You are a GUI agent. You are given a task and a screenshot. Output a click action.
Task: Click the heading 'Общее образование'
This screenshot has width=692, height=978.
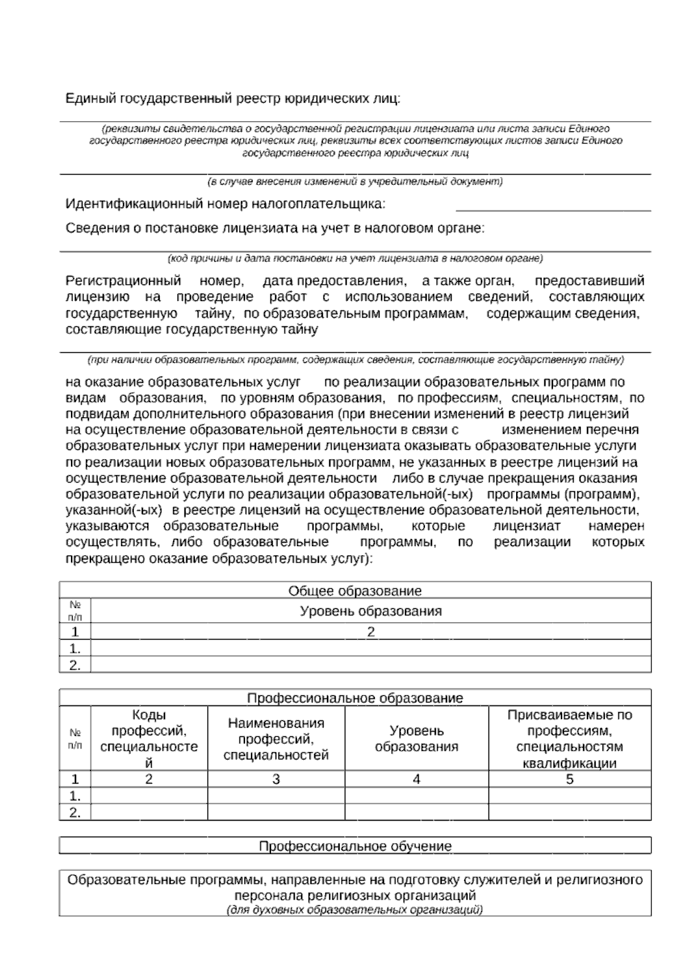click(355, 590)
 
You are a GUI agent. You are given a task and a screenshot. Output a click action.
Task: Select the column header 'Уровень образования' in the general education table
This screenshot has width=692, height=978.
click(370, 611)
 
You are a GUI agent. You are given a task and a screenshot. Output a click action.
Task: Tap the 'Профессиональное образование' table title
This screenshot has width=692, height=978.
click(355, 698)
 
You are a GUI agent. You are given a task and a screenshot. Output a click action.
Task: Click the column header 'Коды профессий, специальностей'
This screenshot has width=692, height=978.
click(149, 739)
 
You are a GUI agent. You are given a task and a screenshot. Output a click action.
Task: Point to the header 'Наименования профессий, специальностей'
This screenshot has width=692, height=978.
click(276, 739)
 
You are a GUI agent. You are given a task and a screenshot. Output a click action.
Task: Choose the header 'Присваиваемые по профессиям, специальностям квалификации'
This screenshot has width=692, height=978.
click(569, 739)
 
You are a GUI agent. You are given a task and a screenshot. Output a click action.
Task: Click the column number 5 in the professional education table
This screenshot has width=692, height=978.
click(569, 779)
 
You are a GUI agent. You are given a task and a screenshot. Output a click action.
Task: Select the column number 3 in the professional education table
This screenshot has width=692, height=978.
click(276, 779)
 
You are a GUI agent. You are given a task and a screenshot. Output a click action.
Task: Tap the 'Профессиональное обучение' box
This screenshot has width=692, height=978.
click(355, 846)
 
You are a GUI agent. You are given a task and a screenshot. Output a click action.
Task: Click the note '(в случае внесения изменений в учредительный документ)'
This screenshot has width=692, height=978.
click(355, 182)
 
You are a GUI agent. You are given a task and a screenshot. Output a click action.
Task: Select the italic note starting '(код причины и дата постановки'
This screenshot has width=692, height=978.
click(355, 258)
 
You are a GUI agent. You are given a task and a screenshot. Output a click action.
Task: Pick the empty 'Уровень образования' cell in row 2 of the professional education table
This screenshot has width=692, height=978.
click(416, 813)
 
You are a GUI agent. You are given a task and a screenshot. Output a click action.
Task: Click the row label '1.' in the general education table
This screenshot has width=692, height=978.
click(75, 648)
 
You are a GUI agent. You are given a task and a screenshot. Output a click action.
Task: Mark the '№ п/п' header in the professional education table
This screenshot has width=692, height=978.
click(75, 739)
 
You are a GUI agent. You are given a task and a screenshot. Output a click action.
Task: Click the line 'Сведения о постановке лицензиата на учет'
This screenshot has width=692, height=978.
click(275, 228)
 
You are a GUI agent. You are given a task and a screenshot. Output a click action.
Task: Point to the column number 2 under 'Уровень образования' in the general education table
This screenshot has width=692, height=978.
click(370, 631)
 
